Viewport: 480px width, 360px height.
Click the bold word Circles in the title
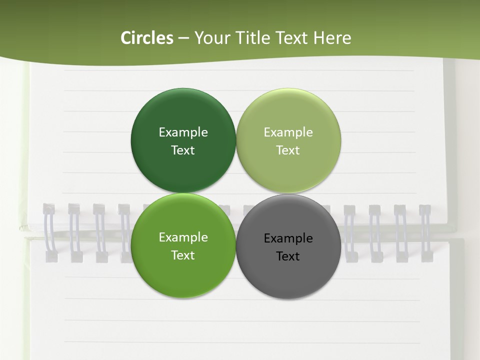pos(147,38)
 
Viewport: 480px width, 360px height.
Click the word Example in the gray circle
pos(288,238)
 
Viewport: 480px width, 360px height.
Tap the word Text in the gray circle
pos(288,256)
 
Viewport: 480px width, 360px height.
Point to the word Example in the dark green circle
pos(183,132)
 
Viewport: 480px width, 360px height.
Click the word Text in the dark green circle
pos(183,150)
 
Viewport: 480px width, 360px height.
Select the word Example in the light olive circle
pos(288,132)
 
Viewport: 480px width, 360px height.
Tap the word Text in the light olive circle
pos(288,150)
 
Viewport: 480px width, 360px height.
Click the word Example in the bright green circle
pos(183,237)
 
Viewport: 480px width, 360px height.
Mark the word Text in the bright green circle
pos(183,255)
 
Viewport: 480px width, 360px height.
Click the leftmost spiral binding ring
pos(49,232)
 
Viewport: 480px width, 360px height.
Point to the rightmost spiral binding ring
pos(425,232)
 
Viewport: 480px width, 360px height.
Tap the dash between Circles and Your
pos(183,38)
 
